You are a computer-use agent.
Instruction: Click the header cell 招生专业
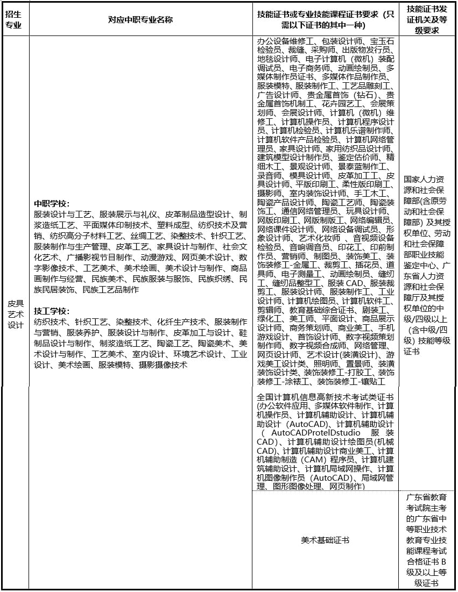13,20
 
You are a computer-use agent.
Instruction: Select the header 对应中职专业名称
140,20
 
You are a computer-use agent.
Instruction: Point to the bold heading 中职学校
52,204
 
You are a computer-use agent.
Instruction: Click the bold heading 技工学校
52,311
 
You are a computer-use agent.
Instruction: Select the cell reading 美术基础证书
325,540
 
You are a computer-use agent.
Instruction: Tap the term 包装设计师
342,41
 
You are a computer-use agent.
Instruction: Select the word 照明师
326,363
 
